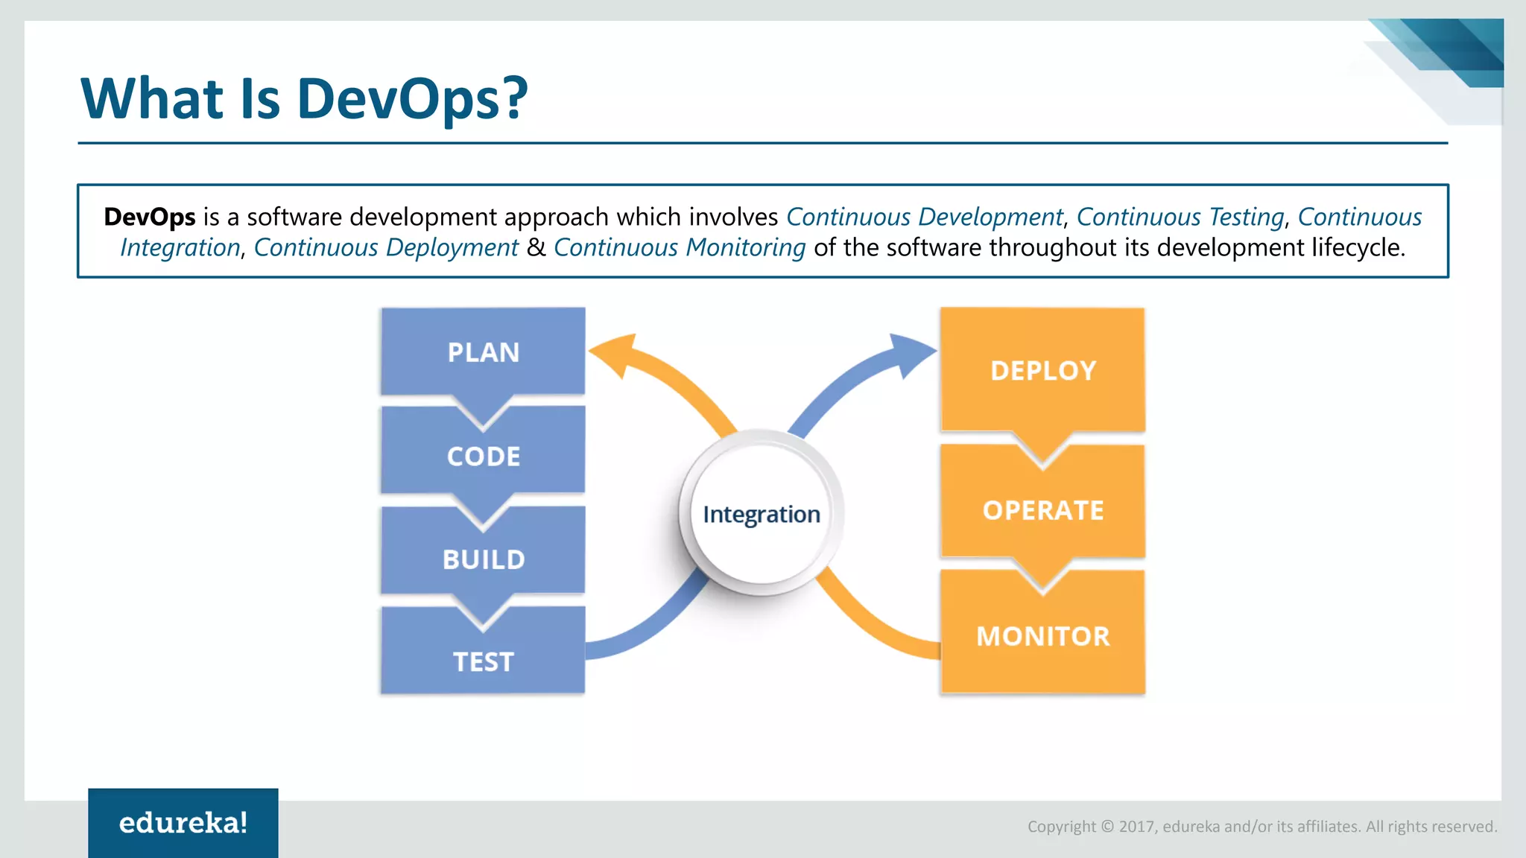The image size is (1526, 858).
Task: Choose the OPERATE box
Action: (x=1042, y=510)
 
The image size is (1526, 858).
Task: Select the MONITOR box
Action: (x=1042, y=636)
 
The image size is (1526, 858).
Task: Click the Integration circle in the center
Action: (x=761, y=514)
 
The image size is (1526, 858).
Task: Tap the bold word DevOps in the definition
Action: (x=150, y=217)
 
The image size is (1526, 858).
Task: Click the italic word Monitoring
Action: (x=745, y=247)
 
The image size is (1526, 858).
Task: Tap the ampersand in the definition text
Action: (x=536, y=247)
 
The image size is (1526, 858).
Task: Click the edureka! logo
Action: (x=183, y=823)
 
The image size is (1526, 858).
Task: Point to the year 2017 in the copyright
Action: (x=1136, y=827)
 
